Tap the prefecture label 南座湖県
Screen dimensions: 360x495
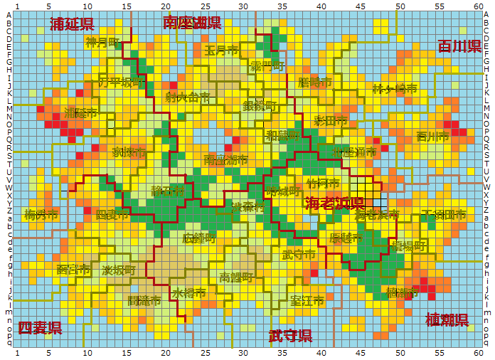click(191, 23)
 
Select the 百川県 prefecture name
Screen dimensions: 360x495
click(459, 47)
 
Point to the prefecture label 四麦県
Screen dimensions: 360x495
click(40, 328)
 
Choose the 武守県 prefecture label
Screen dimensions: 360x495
click(290, 336)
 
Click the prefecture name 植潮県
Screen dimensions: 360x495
click(447, 319)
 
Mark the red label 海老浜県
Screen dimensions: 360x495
click(334, 203)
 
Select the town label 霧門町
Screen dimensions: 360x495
click(267, 66)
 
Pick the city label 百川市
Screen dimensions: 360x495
click(432, 136)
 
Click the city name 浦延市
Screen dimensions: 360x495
click(80, 113)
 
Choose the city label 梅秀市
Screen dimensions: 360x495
click(40, 213)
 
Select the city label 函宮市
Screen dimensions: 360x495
click(73, 270)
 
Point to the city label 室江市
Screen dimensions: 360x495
click(307, 300)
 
